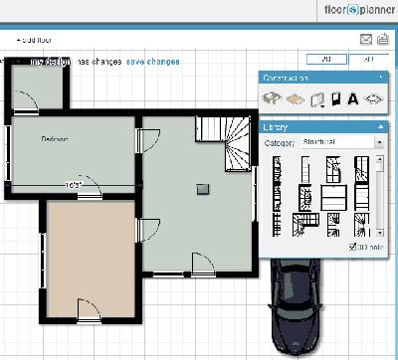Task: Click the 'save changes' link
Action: point(152,62)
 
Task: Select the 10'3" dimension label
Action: point(72,185)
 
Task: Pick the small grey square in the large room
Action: point(204,187)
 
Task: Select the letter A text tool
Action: point(352,98)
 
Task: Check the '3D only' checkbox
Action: point(353,247)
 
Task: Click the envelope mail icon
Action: point(365,39)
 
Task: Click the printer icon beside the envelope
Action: point(383,39)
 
